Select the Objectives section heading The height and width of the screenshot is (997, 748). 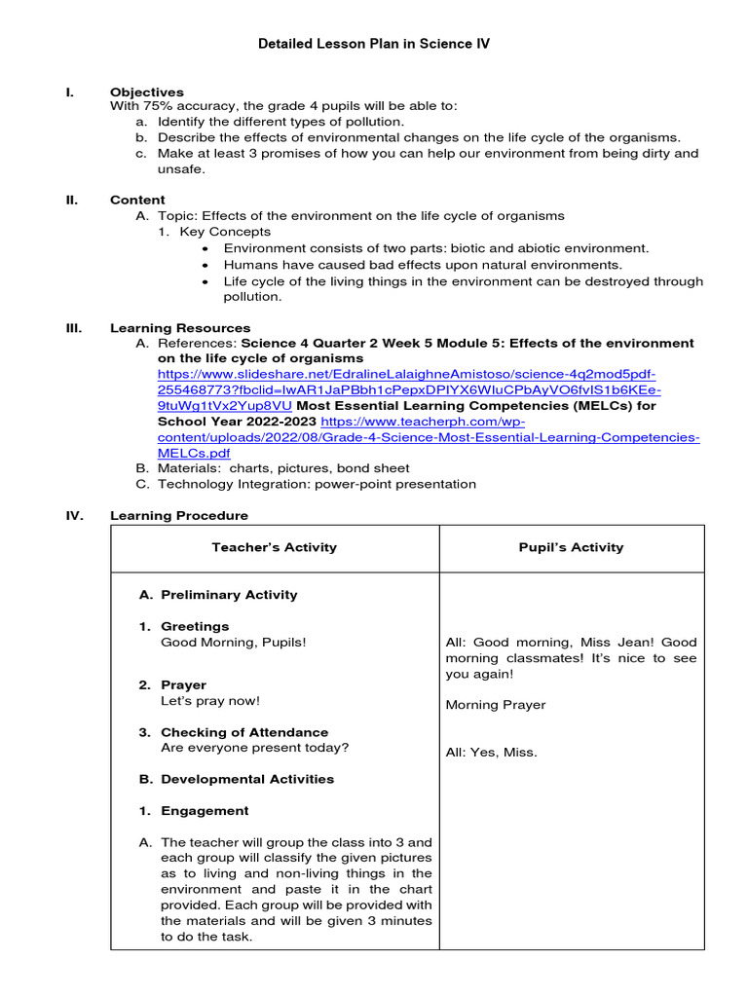[146, 92]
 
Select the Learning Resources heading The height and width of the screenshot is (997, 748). [180, 328]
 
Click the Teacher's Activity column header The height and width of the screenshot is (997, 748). [274, 547]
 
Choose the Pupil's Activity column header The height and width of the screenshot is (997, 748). [571, 547]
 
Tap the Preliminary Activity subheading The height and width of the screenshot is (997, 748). [229, 595]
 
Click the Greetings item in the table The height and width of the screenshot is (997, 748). [195, 626]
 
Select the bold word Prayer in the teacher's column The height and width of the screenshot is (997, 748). [183, 684]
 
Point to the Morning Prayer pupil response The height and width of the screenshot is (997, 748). [495, 705]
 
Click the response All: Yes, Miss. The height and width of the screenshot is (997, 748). [491, 752]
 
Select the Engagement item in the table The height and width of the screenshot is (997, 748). [205, 810]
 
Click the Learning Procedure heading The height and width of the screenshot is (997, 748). [179, 515]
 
